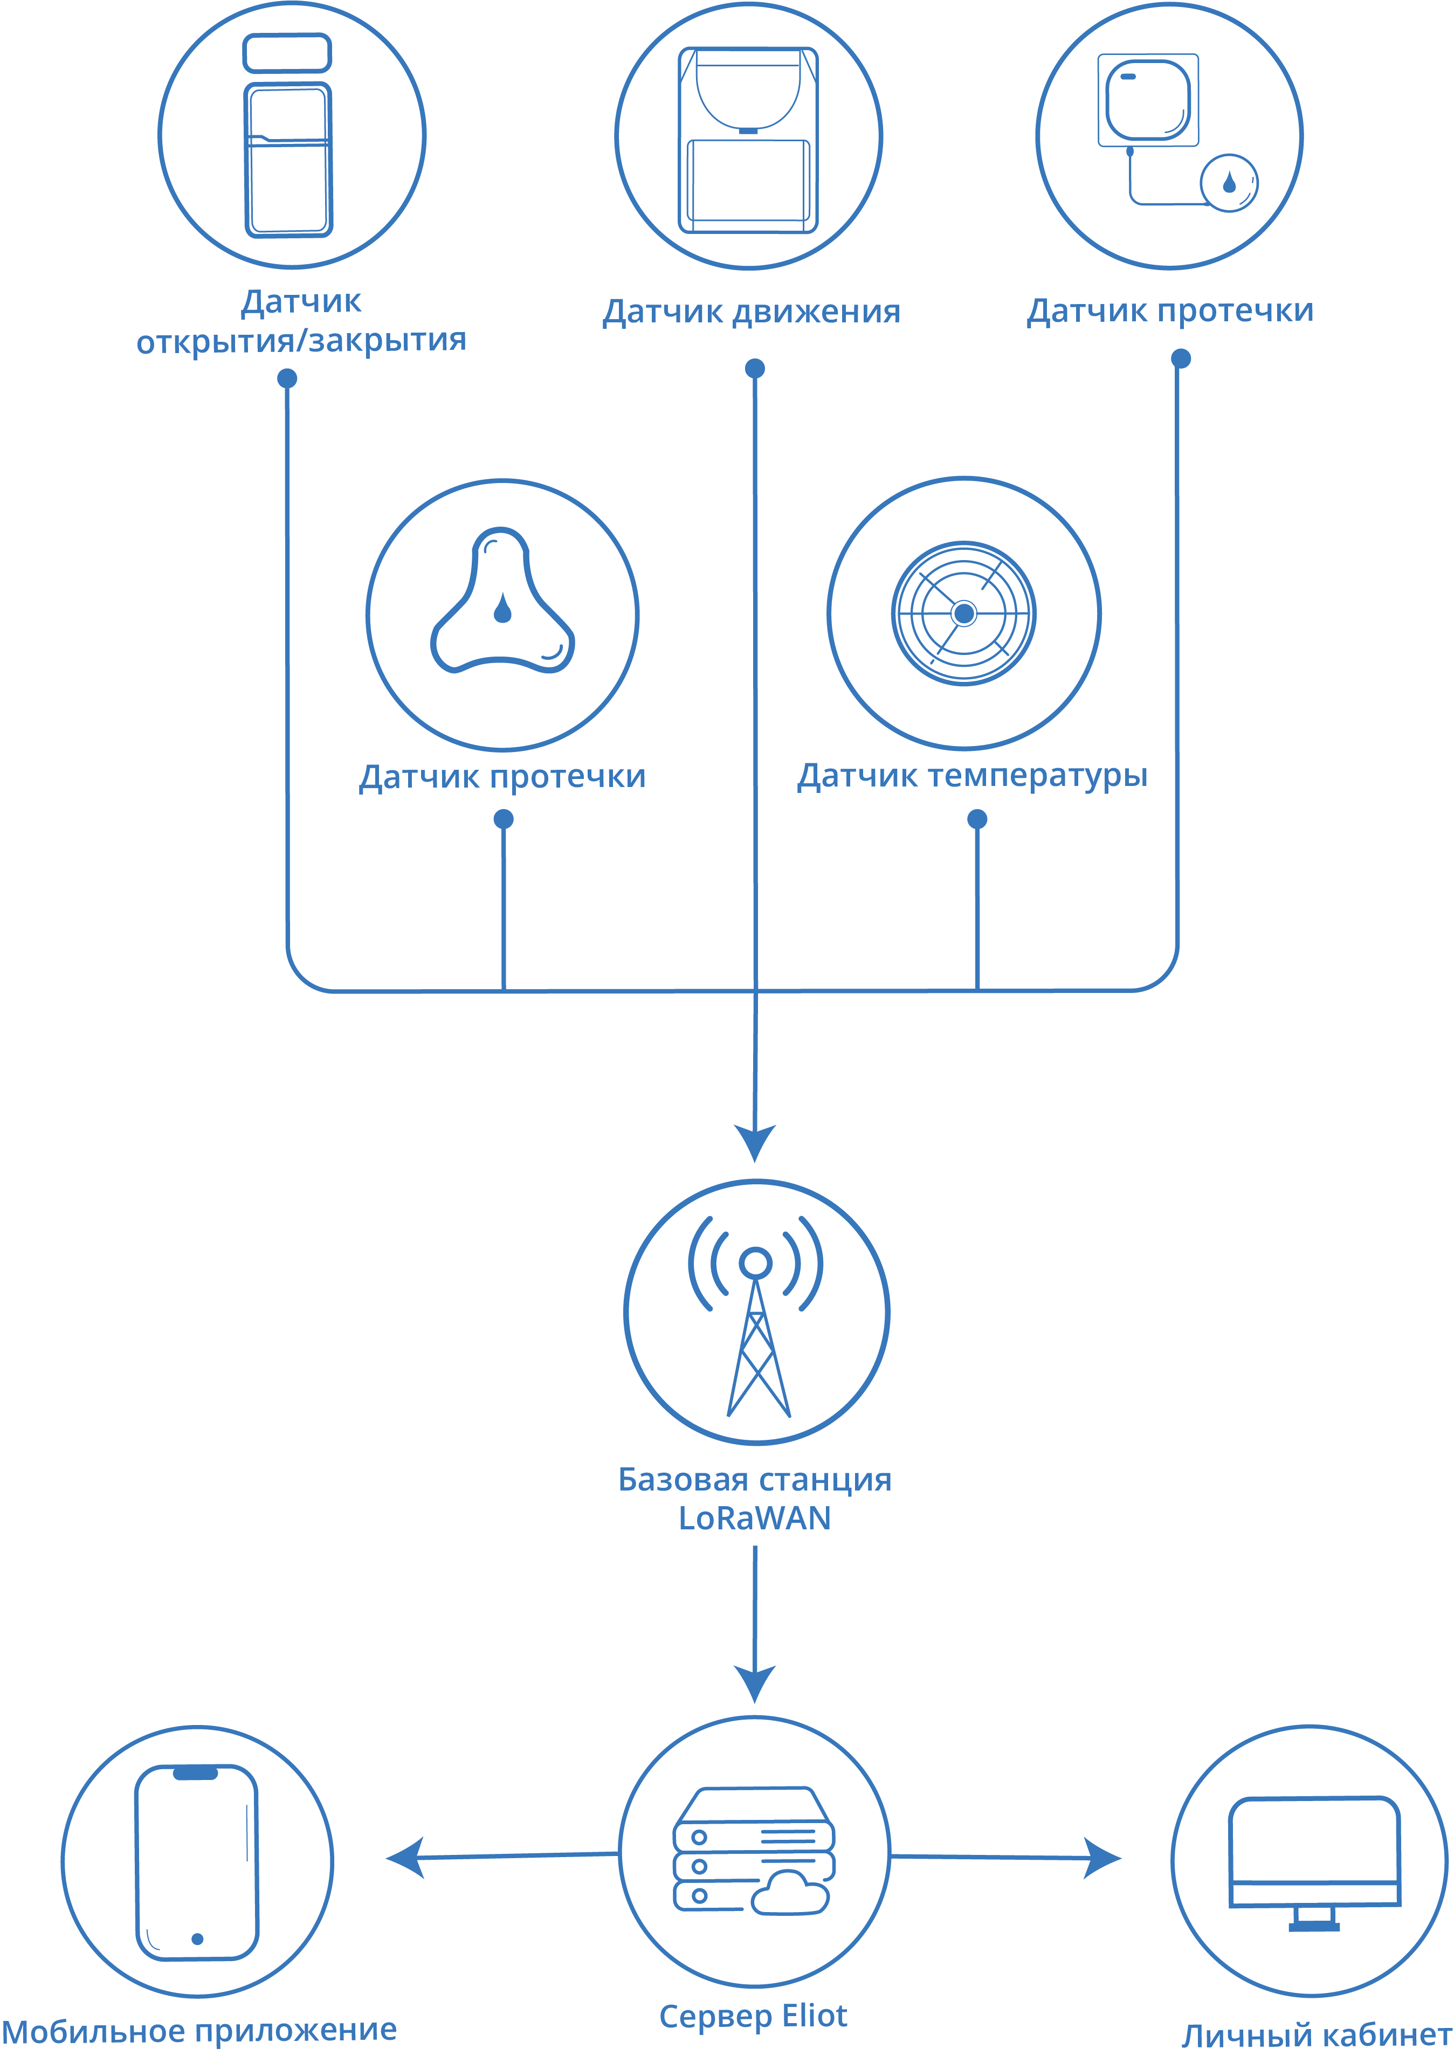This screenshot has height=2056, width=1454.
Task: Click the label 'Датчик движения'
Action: point(751,312)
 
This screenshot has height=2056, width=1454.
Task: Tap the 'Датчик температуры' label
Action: point(973,776)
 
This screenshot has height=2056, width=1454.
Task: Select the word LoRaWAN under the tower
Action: point(755,1518)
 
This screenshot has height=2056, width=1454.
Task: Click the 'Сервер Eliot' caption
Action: point(753,2016)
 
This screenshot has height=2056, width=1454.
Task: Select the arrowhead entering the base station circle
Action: point(755,1143)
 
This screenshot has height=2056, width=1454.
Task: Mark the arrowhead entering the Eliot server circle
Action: point(755,1684)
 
